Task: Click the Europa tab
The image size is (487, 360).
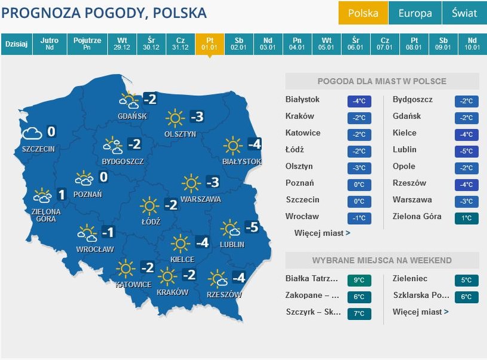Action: click(x=415, y=13)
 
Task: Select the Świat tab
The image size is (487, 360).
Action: click(x=464, y=13)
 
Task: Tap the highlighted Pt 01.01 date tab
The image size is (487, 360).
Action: click(x=209, y=44)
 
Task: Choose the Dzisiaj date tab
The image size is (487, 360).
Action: click(x=17, y=44)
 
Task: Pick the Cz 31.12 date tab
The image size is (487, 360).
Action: click(x=180, y=44)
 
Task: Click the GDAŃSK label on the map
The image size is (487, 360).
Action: click(x=132, y=116)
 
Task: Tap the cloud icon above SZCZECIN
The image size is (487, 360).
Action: click(x=32, y=133)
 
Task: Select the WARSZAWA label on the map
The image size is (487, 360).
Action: click(x=201, y=199)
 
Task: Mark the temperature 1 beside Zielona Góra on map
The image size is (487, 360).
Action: click(x=61, y=194)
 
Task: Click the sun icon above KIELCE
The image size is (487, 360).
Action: click(x=180, y=243)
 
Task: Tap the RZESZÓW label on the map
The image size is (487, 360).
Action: click(x=224, y=295)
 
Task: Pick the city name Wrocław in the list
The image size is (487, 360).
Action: click(x=302, y=216)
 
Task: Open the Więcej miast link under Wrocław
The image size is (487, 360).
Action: click(x=322, y=233)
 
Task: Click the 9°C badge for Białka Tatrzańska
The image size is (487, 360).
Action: click(x=359, y=280)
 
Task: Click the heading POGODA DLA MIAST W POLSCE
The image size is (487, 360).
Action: click(x=382, y=81)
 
